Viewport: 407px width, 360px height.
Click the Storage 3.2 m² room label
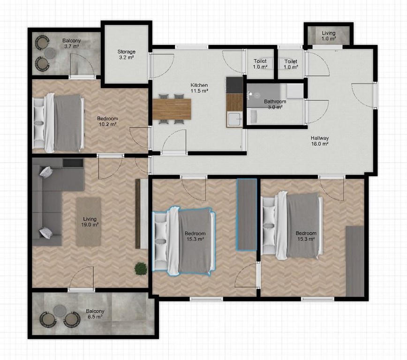(127, 54)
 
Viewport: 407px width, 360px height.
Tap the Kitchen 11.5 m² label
(199, 88)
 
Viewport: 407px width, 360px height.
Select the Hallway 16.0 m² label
(320, 141)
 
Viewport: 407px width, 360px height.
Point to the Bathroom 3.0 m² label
(275, 104)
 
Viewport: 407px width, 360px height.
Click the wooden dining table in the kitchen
(172, 109)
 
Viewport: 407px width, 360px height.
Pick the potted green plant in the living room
(140, 269)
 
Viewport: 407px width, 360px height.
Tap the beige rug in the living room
(88, 222)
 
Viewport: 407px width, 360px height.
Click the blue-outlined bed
(183, 240)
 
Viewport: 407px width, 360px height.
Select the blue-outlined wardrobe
(246, 214)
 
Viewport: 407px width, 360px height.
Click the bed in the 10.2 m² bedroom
(59, 123)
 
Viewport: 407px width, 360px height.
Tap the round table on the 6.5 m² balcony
(60, 310)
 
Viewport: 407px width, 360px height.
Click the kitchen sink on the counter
(234, 119)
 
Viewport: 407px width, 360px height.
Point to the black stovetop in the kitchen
(234, 85)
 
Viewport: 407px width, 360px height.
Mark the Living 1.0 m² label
(329, 36)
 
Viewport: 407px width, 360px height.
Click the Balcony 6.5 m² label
(95, 314)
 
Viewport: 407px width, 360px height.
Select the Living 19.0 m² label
(90, 222)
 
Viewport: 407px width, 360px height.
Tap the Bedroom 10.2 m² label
(107, 121)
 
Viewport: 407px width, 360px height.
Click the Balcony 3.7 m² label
(71, 43)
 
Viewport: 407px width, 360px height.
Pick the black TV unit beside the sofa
(73, 163)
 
